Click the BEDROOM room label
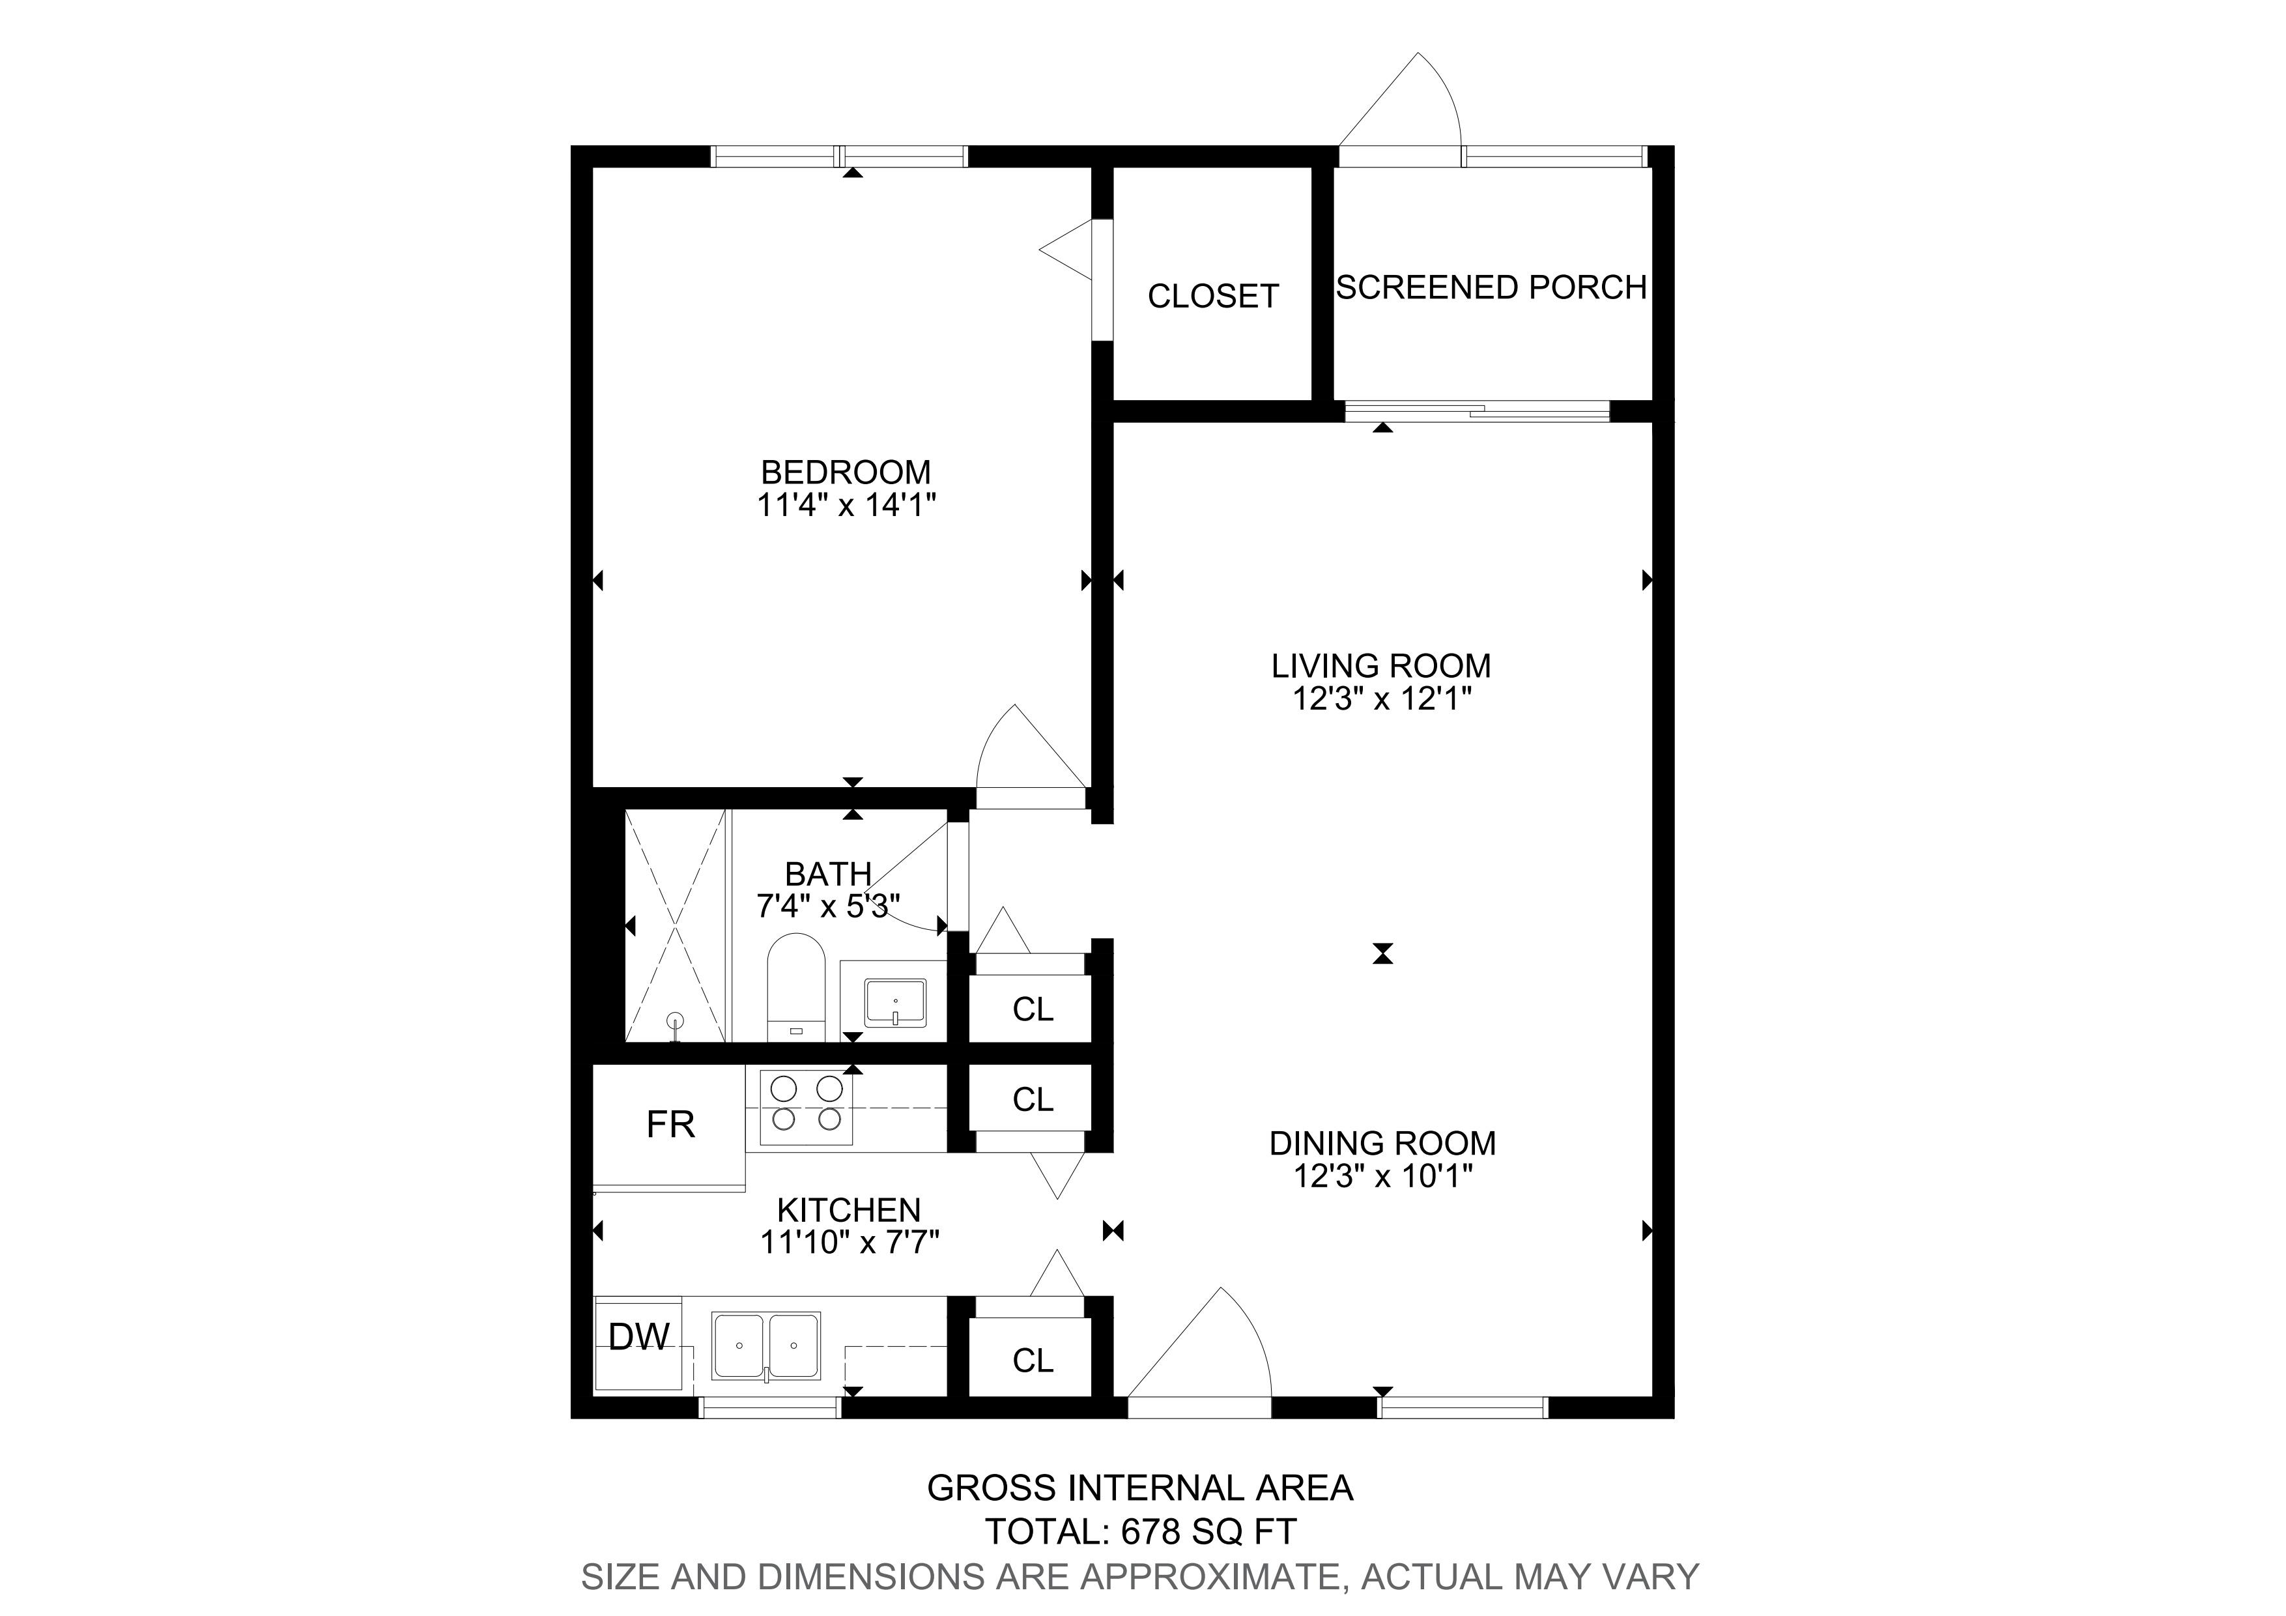tap(846, 471)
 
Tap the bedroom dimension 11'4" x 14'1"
tap(846, 506)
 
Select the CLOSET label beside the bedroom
tap(1212, 296)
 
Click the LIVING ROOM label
tap(1381, 665)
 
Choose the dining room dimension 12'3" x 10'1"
tap(1383, 1177)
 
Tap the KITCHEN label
tap(850, 1210)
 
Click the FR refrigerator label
tap(670, 1125)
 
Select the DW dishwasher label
tap(638, 1336)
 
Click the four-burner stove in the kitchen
tap(807, 1106)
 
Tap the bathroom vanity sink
tap(895, 1003)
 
